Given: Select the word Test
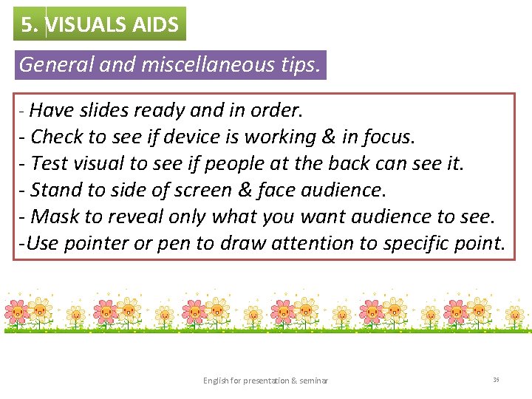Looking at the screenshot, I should coord(49,163).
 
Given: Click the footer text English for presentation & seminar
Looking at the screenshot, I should coord(266,381).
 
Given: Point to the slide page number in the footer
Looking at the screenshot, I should coord(496,380).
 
